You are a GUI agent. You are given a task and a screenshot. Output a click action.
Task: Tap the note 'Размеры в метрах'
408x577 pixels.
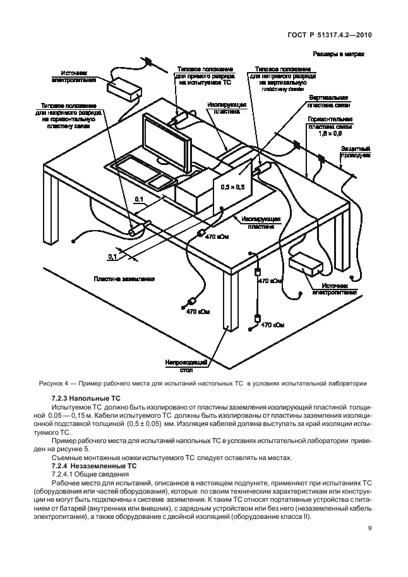point(338,55)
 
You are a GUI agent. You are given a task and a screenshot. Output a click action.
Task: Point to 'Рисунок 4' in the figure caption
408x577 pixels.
point(51,383)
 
